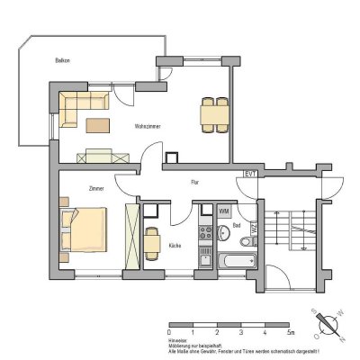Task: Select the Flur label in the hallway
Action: coord(195,183)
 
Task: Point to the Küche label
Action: coord(175,244)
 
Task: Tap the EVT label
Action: coord(251,175)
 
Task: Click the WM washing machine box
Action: coord(224,211)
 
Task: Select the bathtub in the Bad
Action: coord(236,261)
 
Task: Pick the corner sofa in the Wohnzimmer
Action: coord(81,103)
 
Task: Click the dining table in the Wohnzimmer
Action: coord(214,114)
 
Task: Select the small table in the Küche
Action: coord(152,241)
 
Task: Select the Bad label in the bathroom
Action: coord(236,224)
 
